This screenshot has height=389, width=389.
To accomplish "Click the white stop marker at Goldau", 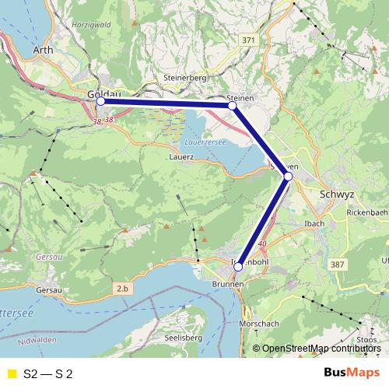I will pos(100,101).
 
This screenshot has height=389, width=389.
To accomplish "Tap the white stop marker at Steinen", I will pos(232,105).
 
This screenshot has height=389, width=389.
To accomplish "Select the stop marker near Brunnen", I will pos(238,267).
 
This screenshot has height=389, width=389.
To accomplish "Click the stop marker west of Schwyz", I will pos(288,177).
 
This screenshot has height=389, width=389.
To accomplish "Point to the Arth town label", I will pos(44,51).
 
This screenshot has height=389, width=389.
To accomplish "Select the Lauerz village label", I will pos(180,156).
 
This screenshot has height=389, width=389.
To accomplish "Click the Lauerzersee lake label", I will pos(205,142).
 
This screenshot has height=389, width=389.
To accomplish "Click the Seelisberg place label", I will pos(184,338).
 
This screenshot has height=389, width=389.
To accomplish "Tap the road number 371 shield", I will pos(247,40).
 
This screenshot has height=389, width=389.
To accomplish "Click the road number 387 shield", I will pos(338,266).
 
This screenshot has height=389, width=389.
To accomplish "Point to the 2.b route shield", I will pos(122,289).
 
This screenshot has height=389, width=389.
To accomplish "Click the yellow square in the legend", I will pos(11,373).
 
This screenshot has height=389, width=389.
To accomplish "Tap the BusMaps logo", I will pos(351,373).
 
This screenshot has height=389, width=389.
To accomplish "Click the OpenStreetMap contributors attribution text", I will pos(321,349).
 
